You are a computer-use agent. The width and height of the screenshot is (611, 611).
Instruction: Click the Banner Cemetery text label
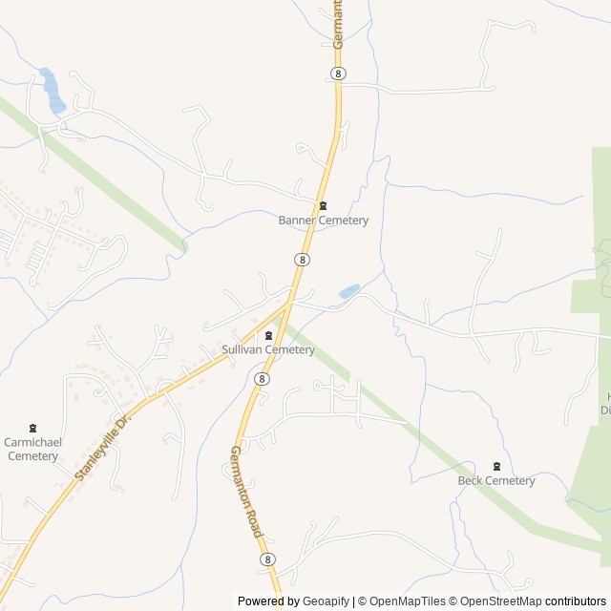[323, 221]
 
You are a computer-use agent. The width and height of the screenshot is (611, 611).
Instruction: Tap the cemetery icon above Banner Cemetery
[323, 206]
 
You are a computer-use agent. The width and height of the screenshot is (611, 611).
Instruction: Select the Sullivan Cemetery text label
[268, 349]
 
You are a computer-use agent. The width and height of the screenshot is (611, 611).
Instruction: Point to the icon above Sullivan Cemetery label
[268, 335]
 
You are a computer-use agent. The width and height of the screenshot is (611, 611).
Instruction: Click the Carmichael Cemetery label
[33, 449]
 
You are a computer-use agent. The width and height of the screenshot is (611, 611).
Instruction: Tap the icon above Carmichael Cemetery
[33, 428]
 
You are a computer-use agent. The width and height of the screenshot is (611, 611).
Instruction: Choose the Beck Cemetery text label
[496, 480]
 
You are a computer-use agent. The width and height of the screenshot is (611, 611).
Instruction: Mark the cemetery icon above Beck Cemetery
[496, 466]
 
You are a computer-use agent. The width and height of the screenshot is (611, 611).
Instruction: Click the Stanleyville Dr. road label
[100, 447]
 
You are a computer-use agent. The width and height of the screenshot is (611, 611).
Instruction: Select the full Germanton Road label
[246, 491]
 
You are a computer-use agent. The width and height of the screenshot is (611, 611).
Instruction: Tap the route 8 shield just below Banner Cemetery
[302, 259]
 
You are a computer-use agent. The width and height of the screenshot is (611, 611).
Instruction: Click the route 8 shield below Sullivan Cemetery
[262, 379]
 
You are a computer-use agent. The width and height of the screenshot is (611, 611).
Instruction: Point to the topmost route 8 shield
[338, 73]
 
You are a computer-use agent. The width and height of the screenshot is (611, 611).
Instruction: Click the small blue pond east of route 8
[349, 289]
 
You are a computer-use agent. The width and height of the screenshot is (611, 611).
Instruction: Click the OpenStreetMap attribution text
[499, 601]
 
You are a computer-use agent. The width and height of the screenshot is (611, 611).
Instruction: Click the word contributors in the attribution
[576, 601]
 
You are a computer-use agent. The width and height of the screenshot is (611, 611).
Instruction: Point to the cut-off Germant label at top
[338, 24]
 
